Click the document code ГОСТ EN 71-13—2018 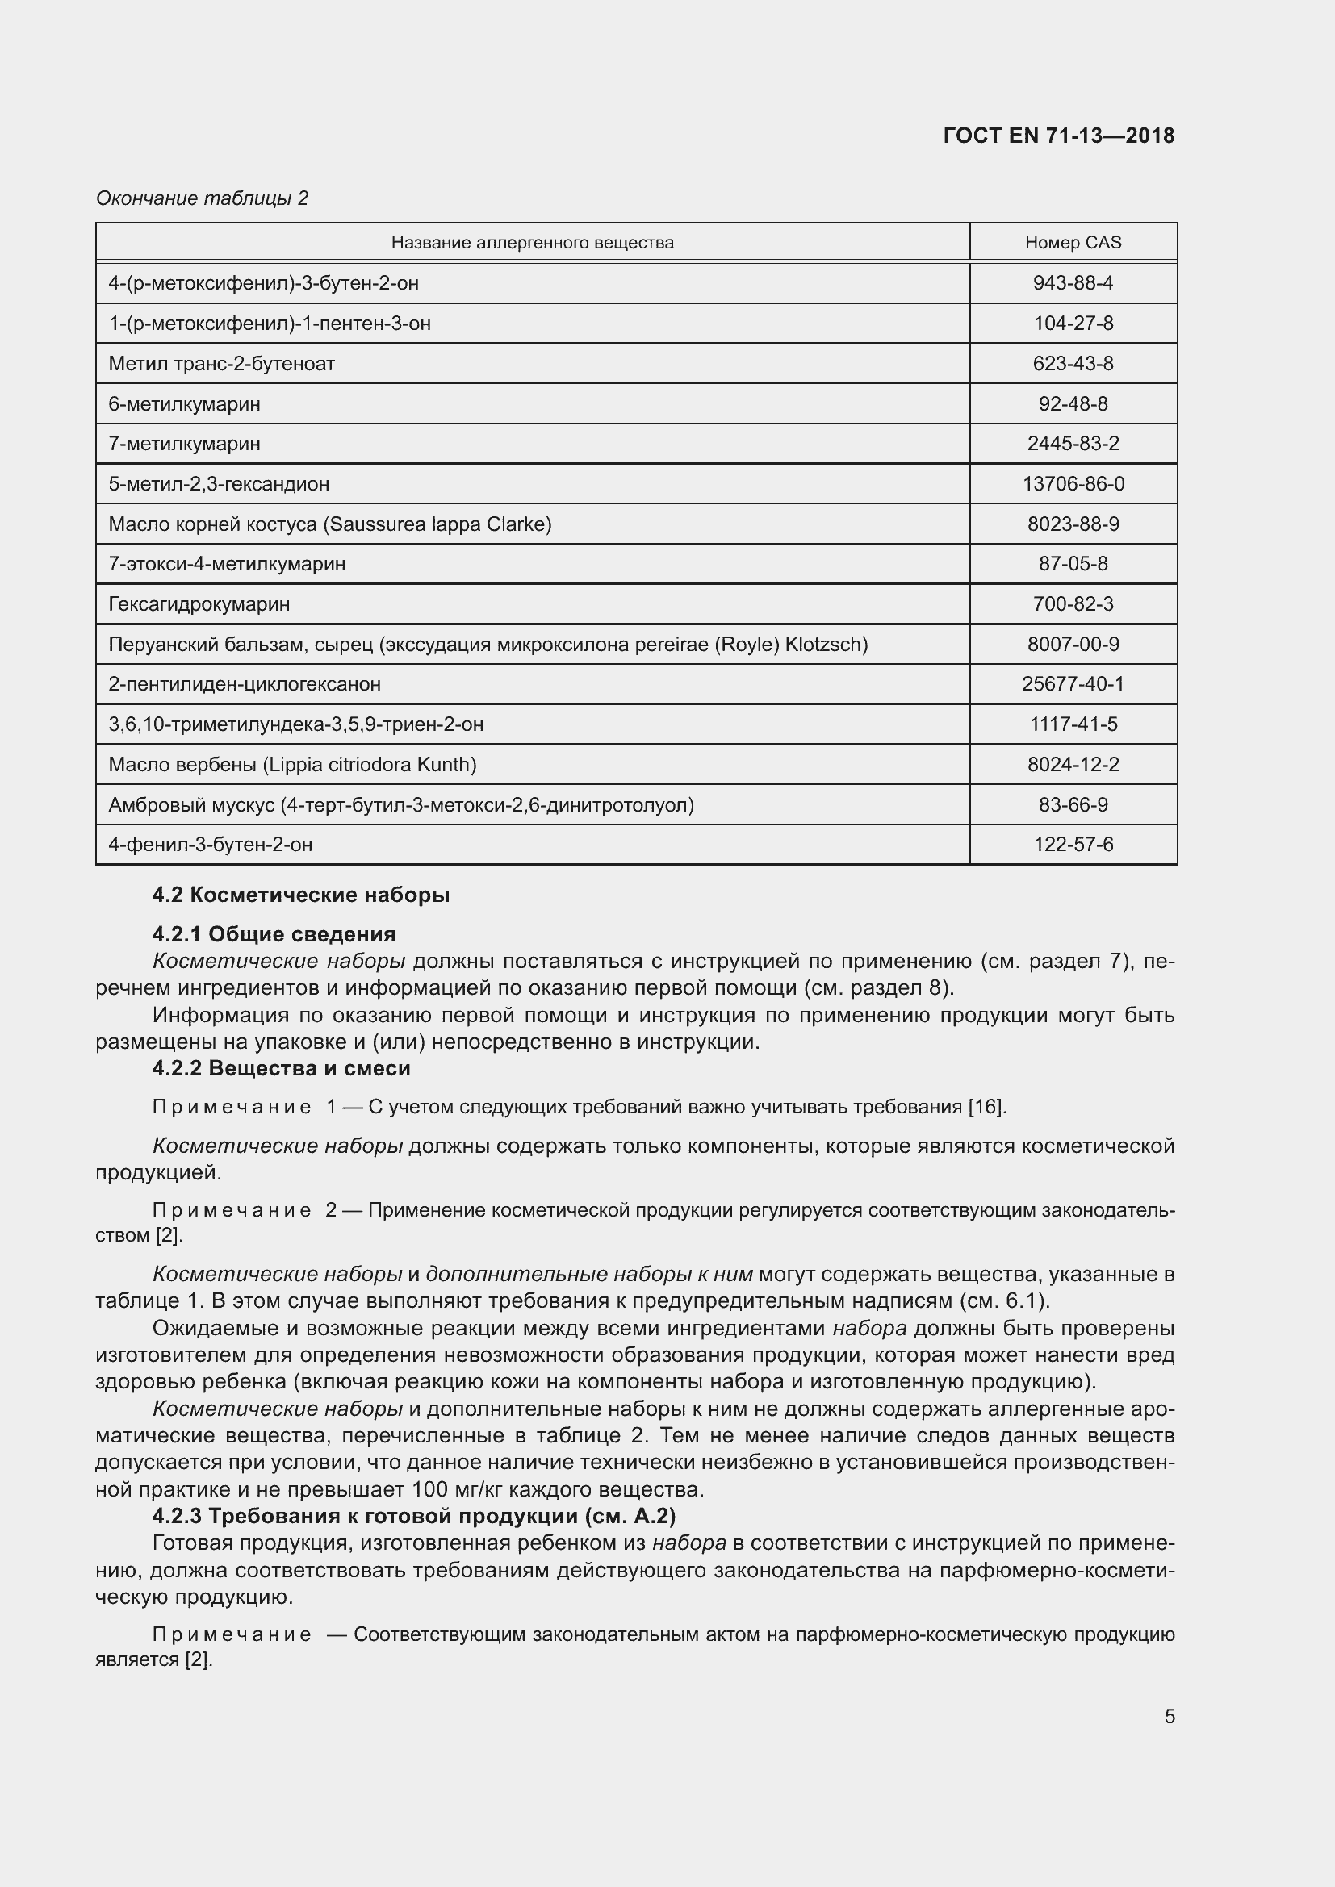(x=1059, y=136)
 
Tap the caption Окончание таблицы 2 (x=203, y=198)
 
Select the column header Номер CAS (x=1073, y=243)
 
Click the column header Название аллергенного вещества (x=532, y=243)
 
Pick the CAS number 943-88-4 (x=1073, y=282)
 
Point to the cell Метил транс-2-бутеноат (x=221, y=363)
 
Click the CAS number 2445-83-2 (x=1073, y=444)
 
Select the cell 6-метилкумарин (x=184, y=403)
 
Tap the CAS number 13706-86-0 (x=1073, y=484)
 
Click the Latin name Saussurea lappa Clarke (x=438, y=524)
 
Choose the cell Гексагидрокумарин (x=199, y=604)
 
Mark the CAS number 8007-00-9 (x=1073, y=645)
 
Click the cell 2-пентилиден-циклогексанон (x=244, y=684)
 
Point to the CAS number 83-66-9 (x=1073, y=804)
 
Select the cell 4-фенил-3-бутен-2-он (x=211, y=845)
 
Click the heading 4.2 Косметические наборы (x=301, y=895)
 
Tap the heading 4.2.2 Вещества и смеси (x=281, y=1068)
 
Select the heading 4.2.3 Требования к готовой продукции (x=413, y=1515)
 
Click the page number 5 (x=1169, y=1717)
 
